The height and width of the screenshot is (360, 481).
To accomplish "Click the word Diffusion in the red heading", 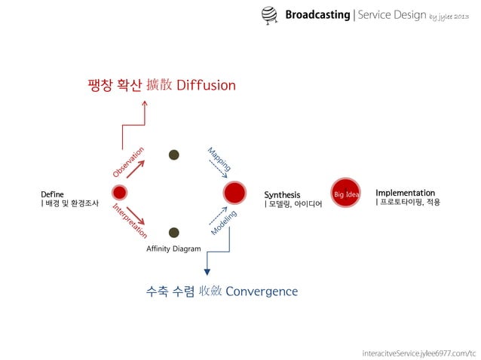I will tap(206, 85).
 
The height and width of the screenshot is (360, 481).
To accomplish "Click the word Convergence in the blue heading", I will tap(262, 291).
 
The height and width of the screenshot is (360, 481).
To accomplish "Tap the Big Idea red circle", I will tap(346, 194).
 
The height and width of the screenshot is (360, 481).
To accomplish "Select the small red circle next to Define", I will tap(119, 193).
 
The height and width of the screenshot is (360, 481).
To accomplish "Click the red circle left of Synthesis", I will tap(234, 193).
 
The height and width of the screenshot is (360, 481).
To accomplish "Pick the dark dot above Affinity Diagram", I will tap(173, 233).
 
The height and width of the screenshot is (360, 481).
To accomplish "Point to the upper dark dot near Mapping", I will tap(173, 154).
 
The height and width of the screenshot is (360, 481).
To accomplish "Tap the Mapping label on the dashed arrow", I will tap(219, 159).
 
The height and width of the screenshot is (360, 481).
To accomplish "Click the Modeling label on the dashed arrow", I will tap(224, 222).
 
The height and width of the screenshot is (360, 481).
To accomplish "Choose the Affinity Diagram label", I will tap(173, 249).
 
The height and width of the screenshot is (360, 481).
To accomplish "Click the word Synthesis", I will tap(282, 195).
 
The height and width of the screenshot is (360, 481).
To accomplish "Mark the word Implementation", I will tap(405, 193).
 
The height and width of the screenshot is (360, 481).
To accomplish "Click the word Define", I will tap(53, 194).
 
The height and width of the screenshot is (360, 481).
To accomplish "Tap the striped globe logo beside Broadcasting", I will tap(269, 14).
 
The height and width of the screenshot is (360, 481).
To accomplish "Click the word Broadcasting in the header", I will tap(317, 15).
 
